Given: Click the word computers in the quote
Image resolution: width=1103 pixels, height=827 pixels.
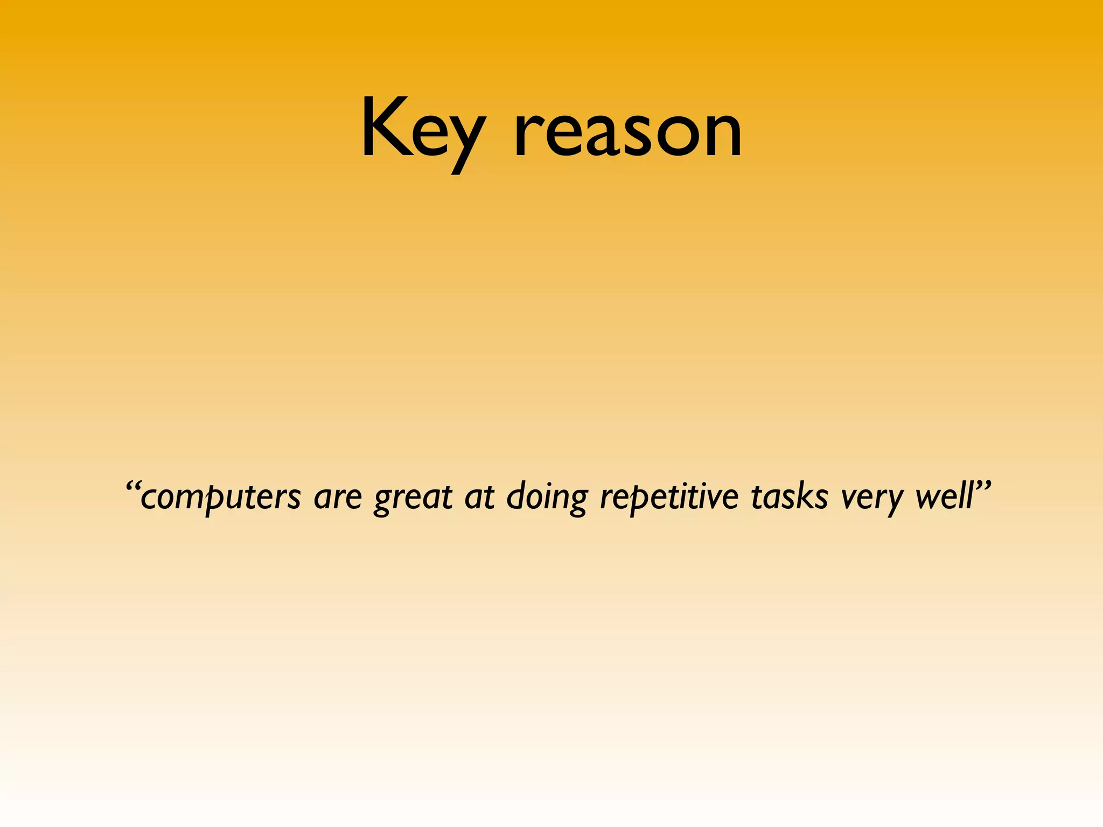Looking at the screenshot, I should point(220,496).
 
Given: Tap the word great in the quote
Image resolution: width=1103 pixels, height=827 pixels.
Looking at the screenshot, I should point(413,498).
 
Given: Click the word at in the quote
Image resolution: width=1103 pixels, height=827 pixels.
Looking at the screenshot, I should point(479,496).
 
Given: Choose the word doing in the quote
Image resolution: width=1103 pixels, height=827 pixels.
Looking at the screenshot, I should point(547,496).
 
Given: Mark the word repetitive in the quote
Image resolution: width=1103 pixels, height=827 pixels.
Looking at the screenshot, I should point(669,496).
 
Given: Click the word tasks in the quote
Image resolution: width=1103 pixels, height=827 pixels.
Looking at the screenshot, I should point(790,496).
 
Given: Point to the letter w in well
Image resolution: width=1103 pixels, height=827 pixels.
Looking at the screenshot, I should point(929,498).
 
